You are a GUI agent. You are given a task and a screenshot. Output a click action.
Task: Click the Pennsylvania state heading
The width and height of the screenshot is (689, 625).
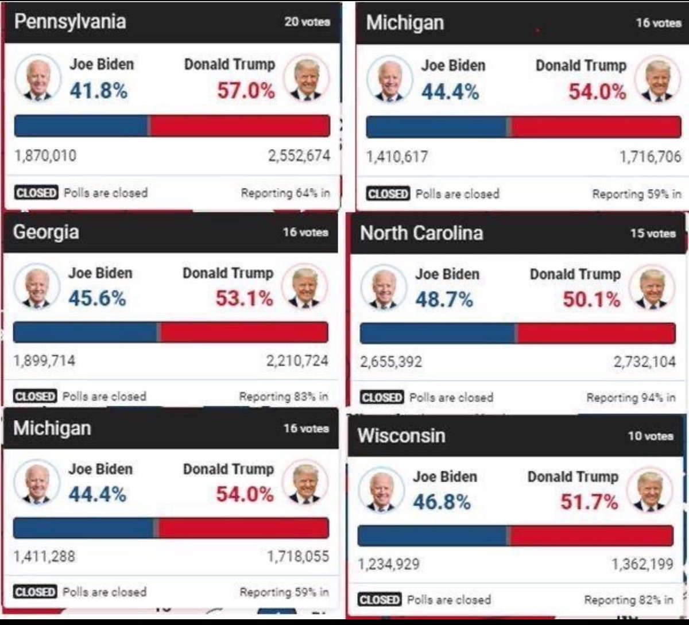(69, 22)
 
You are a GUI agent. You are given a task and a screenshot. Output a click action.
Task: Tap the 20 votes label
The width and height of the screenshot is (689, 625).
(307, 22)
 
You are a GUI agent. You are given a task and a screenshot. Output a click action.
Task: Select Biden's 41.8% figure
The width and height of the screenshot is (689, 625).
(98, 90)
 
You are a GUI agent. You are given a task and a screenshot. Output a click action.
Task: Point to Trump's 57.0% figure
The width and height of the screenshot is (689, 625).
(246, 90)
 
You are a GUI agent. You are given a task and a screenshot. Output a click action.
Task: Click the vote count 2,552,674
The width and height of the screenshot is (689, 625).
(299, 156)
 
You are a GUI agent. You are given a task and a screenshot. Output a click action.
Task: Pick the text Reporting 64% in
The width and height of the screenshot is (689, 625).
(285, 193)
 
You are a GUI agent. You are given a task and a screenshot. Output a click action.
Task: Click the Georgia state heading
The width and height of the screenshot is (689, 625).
(46, 232)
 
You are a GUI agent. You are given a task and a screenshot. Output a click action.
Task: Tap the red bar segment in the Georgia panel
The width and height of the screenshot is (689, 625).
(244, 332)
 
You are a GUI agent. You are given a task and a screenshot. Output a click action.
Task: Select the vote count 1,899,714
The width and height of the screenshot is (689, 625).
(44, 360)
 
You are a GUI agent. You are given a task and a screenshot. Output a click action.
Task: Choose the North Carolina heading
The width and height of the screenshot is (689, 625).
(421, 233)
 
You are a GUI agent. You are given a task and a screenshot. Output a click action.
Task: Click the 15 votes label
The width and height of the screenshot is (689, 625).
(652, 234)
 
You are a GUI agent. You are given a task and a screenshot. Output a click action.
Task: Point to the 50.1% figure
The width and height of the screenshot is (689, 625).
(591, 299)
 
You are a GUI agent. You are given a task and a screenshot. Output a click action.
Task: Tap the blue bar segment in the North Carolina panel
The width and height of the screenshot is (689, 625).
(438, 333)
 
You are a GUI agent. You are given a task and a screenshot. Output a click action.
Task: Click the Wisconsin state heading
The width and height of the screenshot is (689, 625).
(401, 436)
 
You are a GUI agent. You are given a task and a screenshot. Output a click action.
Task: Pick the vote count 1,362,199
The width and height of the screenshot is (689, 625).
(642, 564)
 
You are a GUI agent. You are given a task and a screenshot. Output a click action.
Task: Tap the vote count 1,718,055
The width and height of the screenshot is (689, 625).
(297, 556)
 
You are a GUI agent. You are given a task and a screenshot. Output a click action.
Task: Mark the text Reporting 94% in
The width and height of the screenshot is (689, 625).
(630, 397)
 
